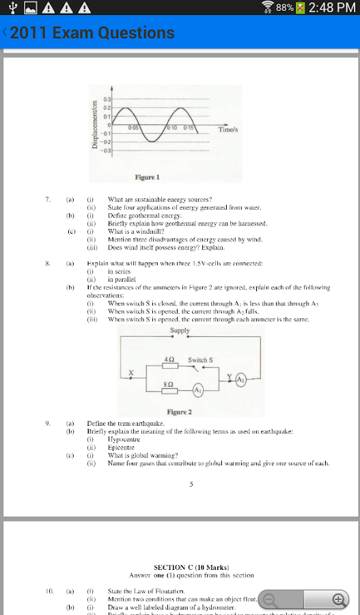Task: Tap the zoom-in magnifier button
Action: coord(337,600)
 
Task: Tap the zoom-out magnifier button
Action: coord(269,600)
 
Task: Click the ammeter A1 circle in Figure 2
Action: coord(197,389)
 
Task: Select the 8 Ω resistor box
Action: coord(169,390)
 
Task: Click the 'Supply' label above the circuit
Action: coord(180,331)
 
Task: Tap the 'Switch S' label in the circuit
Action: coord(200,359)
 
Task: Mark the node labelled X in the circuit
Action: coord(132,373)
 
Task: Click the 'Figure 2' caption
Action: coord(179,412)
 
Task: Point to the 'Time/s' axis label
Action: coord(228,128)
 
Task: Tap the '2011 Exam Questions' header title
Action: coord(92,32)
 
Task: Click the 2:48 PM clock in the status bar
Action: coord(333,8)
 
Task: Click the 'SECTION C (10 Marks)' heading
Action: coord(191,567)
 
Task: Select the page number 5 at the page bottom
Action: coord(191,484)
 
